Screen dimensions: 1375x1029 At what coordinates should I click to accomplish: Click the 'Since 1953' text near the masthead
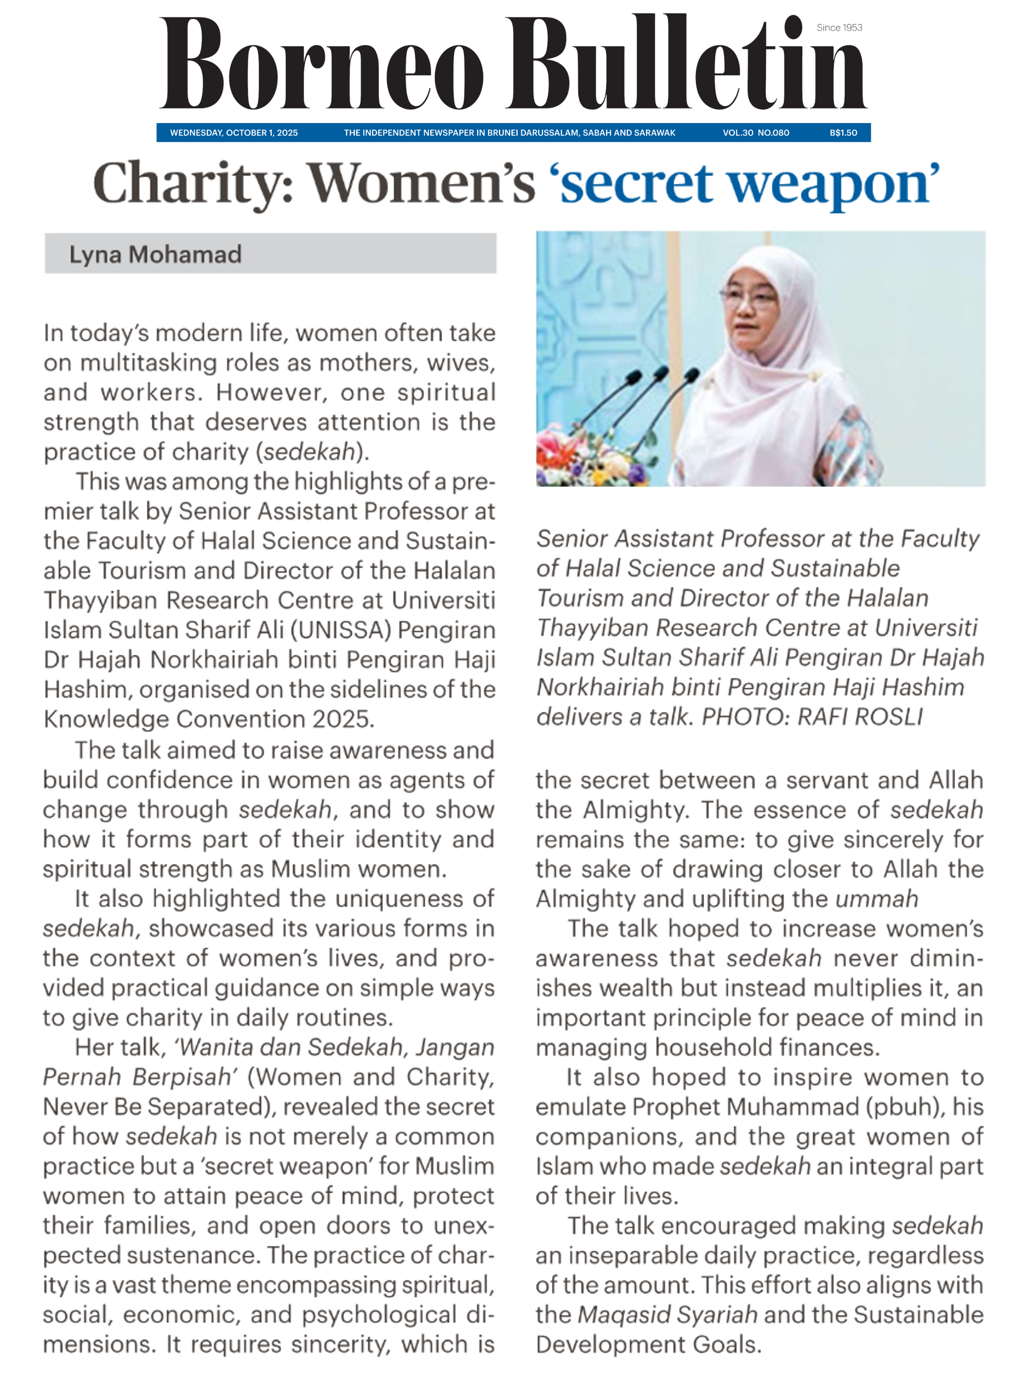point(839,28)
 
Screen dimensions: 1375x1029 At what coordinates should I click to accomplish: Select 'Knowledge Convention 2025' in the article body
point(208,719)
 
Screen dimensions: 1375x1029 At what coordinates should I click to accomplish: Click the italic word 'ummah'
point(877,899)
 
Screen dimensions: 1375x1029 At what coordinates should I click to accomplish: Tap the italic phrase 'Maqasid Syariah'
point(667,1315)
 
